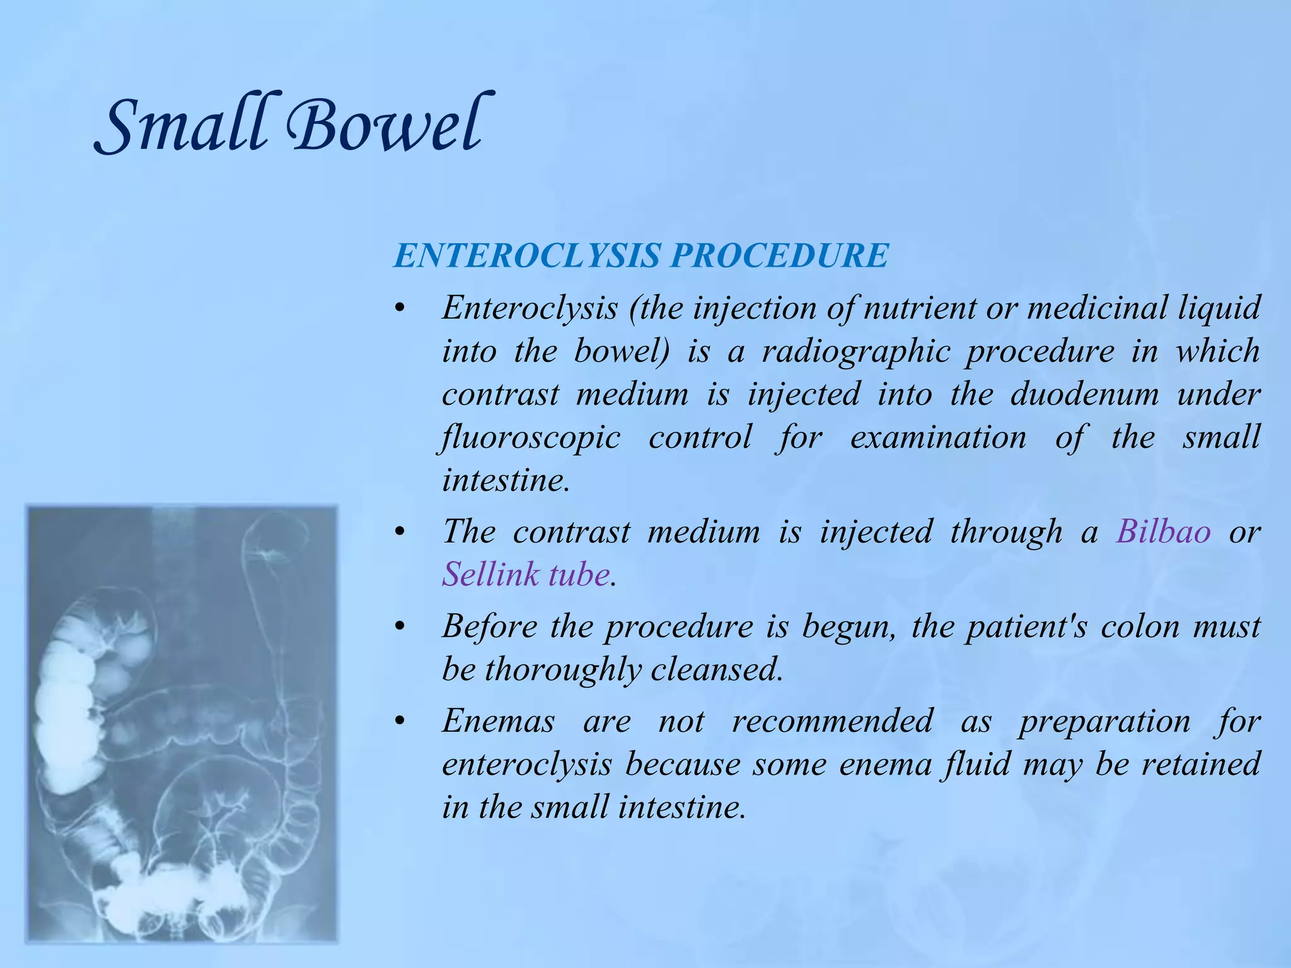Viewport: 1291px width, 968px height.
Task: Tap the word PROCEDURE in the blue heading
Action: [779, 255]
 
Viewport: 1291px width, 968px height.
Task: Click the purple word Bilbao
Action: [1163, 531]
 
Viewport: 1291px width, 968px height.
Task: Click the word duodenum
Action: [1084, 395]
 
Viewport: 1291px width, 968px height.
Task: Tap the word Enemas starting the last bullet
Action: [498, 720]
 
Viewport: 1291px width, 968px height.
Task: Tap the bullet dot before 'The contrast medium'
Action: [398, 532]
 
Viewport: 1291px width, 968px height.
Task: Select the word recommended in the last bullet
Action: [831, 720]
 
